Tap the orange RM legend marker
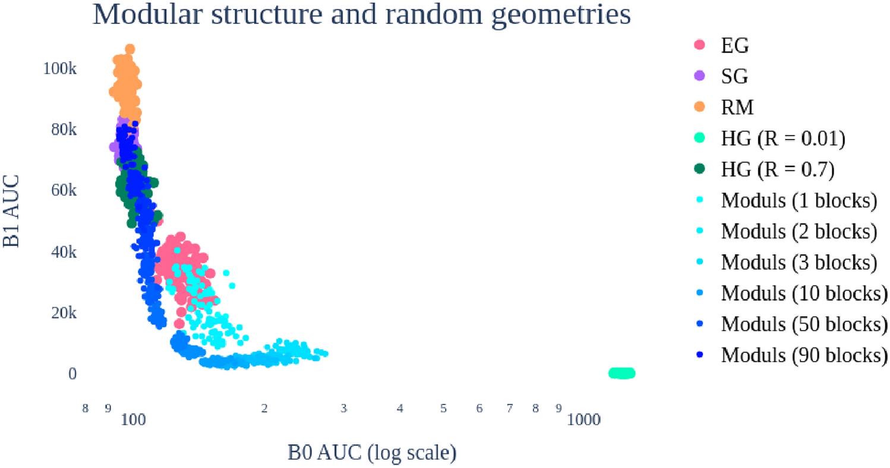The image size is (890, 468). (700, 106)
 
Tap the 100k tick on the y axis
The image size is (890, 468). (59, 68)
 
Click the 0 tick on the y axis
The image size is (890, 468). (72, 374)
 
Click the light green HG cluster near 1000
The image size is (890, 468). (622, 373)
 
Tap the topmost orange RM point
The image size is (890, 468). (130, 49)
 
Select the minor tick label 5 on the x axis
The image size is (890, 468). (443, 409)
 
